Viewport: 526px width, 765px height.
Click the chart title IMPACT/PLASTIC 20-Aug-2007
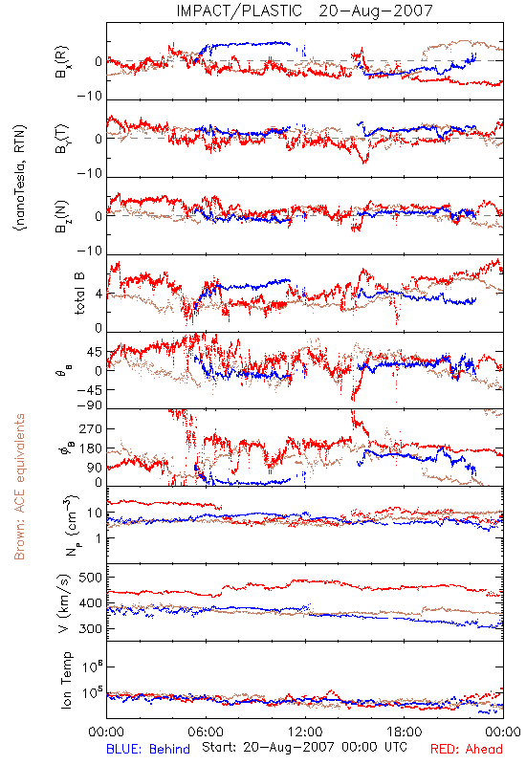coord(304,11)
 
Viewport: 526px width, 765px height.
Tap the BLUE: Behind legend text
coord(148,749)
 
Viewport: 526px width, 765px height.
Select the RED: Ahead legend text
coord(466,749)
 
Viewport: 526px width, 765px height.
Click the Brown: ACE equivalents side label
coord(19,487)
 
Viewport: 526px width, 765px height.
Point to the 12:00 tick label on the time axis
coord(305,732)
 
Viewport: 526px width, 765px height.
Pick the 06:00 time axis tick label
coord(206,732)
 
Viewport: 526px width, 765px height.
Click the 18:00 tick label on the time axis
coord(405,732)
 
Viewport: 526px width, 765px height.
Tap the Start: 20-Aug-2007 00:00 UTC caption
coord(304,747)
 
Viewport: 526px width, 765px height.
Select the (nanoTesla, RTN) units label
coord(20,178)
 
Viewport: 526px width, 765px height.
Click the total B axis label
coord(79,294)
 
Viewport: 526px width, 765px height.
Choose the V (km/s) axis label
coord(64,604)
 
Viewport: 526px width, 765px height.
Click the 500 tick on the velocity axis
coord(91,578)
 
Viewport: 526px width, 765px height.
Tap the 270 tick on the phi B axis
coord(91,428)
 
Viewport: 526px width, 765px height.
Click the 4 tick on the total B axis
coord(99,295)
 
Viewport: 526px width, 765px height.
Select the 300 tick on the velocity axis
coord(91,628)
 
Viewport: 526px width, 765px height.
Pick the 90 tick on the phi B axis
coord(95,468)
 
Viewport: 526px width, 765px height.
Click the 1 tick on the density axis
coord(99,538)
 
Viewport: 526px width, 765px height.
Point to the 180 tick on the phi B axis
coord(91,448)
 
